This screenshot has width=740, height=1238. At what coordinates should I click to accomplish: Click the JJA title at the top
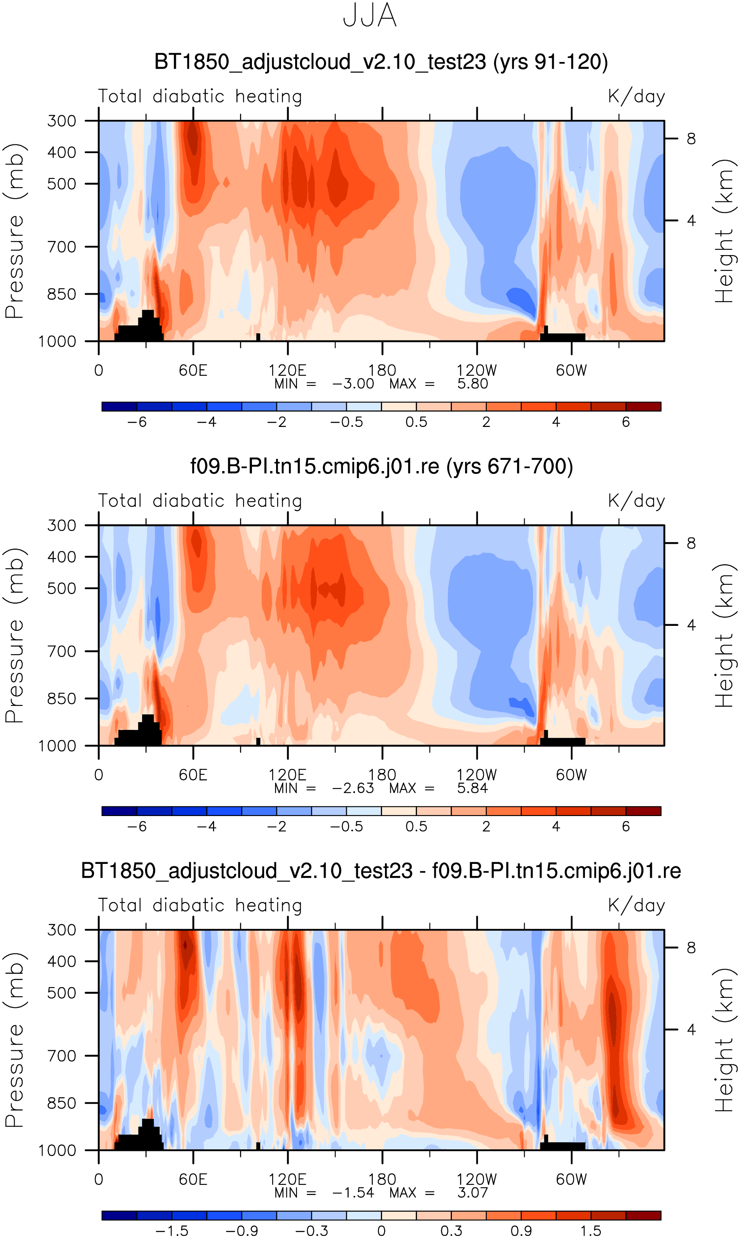pyautogui.click(x=370, y=15)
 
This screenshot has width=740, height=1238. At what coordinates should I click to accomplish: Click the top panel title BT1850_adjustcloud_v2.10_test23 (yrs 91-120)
pyautogui.click(x=381, y=62)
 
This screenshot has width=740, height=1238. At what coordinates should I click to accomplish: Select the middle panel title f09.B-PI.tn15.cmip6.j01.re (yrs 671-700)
pyautogui.click(x=382, y=466)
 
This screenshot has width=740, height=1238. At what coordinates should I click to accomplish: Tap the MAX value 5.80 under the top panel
pyautogui.click(x=472, y=384)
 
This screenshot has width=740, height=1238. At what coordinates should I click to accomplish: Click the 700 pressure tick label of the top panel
pyautogui.click(x=62, y=246)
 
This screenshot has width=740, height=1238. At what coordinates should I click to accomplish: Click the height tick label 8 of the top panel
pyautogui.click(x=691, y=139)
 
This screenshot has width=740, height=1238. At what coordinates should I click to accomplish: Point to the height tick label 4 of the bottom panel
pyautogui.click(x=691, y=1030)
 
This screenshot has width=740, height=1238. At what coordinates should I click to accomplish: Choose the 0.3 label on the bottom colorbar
pyautogui.click(x=451, y=1231)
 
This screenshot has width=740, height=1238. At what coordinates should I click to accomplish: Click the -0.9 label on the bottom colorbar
pyautogui.click(x=242, y=1231)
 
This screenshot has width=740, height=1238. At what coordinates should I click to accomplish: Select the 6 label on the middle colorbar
pyautogui.click(x=626, y=826)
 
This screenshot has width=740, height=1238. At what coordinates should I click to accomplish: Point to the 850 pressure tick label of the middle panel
pyautogui.click(x=62, y=699)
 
